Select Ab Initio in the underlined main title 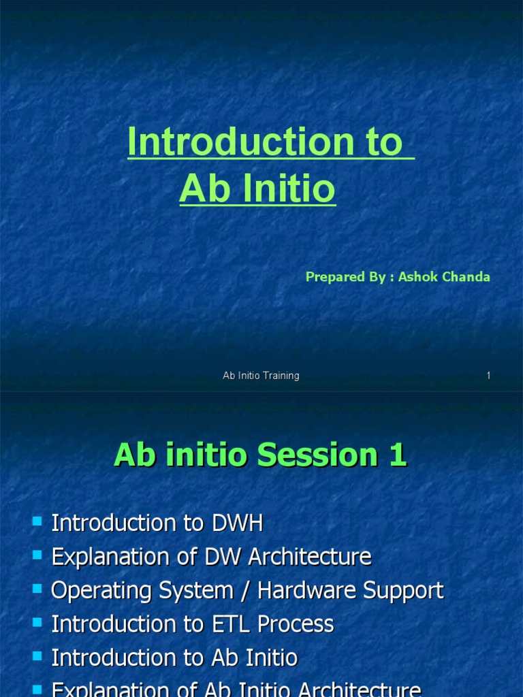(x=257, y=190)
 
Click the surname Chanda (x=467, y=277)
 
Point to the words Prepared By (x=345, y=277)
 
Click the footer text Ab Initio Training (x=261, y=376)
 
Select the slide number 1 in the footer (x=488, y=376)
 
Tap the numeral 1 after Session (x=397, y=455)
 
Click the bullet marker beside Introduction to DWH (x=37, y=521)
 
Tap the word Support (x=407, y=590)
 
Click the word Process (x=300, y=623)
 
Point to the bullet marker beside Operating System (x=37, y=588)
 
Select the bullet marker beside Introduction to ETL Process (x=37, y=621)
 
